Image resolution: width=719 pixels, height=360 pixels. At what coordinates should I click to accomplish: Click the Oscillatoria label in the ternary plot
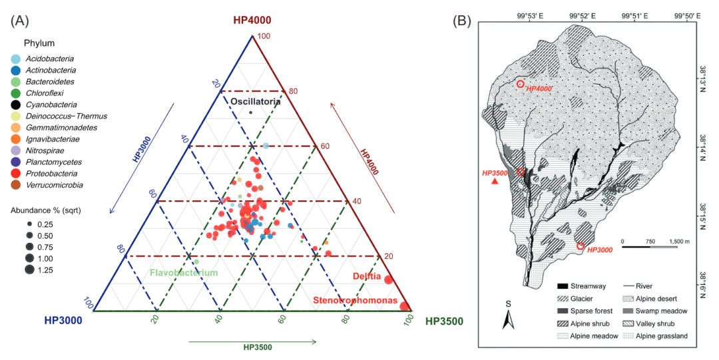coord(256,101)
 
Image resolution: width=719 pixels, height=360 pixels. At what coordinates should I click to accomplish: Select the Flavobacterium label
coord(183,273)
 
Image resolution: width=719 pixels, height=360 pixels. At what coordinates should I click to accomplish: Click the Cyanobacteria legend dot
coord(15,104)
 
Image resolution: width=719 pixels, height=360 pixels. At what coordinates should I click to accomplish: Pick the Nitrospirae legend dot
coord(15,150)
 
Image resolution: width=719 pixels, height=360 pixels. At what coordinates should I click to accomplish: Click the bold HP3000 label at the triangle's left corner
coord(63,321)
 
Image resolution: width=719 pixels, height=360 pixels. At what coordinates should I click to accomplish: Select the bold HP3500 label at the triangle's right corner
coord(444,321)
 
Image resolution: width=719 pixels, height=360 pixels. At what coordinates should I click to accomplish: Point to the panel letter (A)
coord(20,20)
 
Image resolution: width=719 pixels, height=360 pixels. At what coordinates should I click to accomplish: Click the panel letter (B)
coord(462,20)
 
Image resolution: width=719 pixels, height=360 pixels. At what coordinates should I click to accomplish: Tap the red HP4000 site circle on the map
coord(521,85)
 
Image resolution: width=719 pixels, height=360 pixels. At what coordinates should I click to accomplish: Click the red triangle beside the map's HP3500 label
coord(494,182)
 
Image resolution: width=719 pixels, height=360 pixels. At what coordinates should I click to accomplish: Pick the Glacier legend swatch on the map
coord(565,298)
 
